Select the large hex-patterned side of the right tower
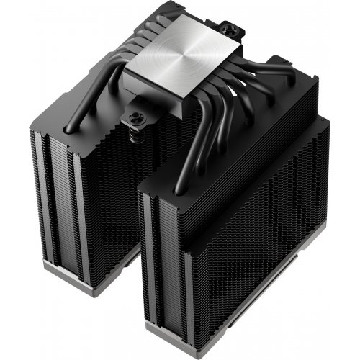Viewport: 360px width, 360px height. click(266, 238)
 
